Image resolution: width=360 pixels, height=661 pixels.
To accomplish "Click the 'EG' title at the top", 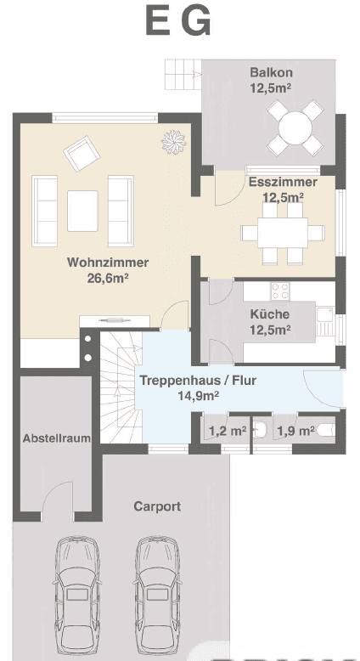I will tap(178, 23).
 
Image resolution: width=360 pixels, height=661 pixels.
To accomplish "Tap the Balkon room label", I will tap(271, 71).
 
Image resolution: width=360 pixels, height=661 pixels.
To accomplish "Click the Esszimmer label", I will tap(283, 182).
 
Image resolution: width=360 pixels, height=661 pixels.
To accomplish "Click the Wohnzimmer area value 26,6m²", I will tap(108, 277).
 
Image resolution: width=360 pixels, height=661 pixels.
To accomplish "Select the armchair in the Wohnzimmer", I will tap(80, 155).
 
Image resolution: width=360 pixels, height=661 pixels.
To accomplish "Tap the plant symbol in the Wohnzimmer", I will tap(173, 138).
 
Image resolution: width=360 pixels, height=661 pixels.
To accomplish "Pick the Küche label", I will tap(270, 314).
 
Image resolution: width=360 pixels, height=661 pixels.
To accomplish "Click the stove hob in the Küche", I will tap(279, 291).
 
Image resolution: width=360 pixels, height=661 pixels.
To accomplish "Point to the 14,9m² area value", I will tap(198, 395).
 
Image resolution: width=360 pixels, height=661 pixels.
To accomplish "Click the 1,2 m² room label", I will tap(227, 431).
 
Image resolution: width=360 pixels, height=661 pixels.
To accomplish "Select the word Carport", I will tap(157, 506).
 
